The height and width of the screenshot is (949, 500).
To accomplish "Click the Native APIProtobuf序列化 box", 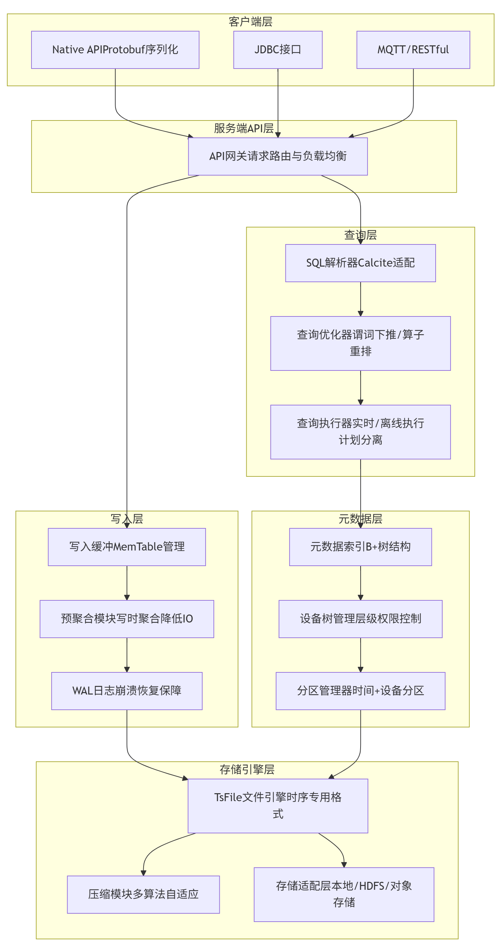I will (x=115, y=50).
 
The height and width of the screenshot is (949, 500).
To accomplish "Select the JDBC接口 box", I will (x=278, y=50).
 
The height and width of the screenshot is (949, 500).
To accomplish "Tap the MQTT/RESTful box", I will (x=413, y=50).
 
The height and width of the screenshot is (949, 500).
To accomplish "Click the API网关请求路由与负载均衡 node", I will (x=278, y=156).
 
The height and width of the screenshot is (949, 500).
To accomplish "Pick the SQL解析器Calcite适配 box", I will (x=360, y=263).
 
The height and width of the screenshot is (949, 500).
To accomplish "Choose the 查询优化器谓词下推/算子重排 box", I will (x=360, y=343).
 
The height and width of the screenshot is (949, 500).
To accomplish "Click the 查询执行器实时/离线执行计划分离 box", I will (x=360, y=432).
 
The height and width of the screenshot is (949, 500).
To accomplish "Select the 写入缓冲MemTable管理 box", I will (x=127, y=547).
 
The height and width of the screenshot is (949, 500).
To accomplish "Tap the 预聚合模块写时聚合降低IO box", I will (x=127, y=619).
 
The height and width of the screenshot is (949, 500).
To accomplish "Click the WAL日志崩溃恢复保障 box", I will (x=127, y=691).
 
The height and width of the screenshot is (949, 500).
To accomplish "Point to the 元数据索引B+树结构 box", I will (x=360, y=547).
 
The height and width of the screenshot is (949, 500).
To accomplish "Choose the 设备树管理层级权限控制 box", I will (x=360, y=619).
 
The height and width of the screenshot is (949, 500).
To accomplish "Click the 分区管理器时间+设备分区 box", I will (x=360, y=691).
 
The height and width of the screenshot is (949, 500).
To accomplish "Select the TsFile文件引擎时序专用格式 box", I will (x=278, y=806).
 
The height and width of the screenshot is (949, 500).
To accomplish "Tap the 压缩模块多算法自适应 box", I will (x=143, y=894).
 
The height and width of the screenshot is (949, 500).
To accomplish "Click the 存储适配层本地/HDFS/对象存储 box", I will (x=344, y=894).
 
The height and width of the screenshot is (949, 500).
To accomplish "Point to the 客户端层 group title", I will (x=251, y=22).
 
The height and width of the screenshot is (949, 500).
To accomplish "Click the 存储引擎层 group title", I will (x=247, y=769).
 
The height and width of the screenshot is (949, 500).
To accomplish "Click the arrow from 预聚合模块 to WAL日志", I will (x=127, y=655).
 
